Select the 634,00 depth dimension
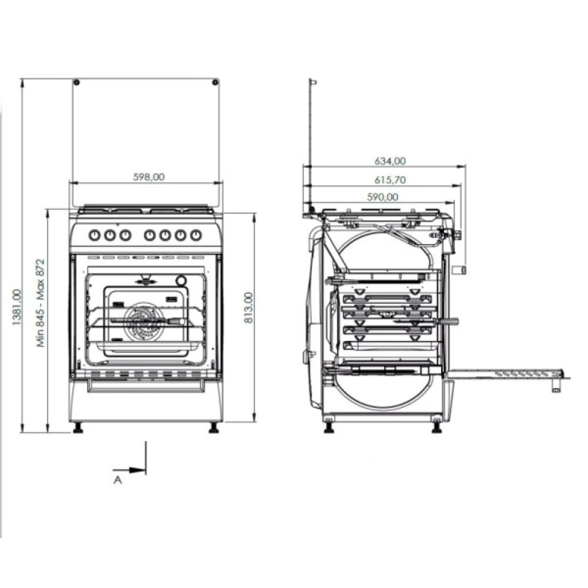click(x=390, y=161)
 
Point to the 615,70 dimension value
click(x=390, y=180)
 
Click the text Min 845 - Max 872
click(x=41, y=303)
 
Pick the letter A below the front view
click(x=118, y=480)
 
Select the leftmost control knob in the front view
click(x=95, y=235)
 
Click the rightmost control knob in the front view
click(x=196, y=235)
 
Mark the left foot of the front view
click(x=78, y=428)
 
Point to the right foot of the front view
click(x=213, y=428)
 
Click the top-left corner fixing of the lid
click(x=76, y=81)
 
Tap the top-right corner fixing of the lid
click(x=215, y=81)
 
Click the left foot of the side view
click(x=329, y=427)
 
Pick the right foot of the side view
click(x=436, y=427)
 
